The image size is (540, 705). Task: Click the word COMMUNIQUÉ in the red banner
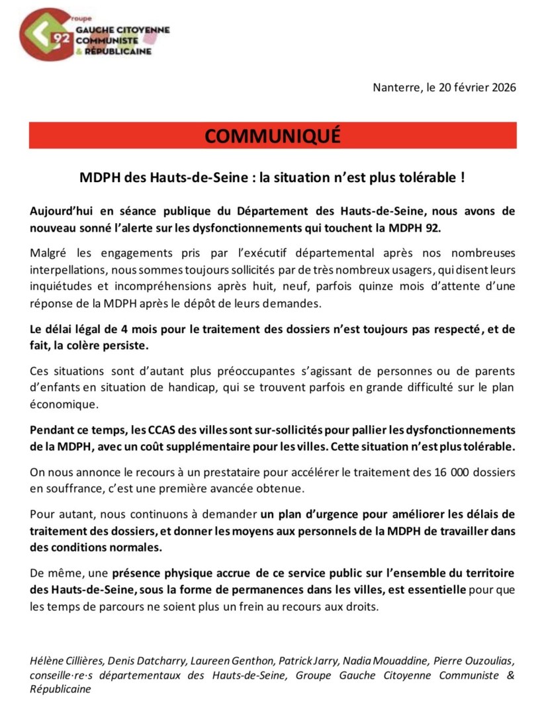tap(273, 135)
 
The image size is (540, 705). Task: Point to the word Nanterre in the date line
tap(395, 87)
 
